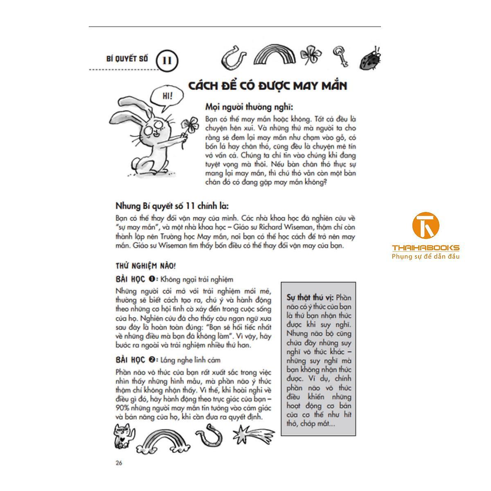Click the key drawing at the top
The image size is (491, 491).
click(x=340, y=56)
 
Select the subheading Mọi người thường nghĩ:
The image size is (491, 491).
click(x=249, y=107)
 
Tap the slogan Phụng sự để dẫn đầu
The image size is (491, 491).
click(x=426, y=257)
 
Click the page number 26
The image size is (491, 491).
click(x=119, y=463)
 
